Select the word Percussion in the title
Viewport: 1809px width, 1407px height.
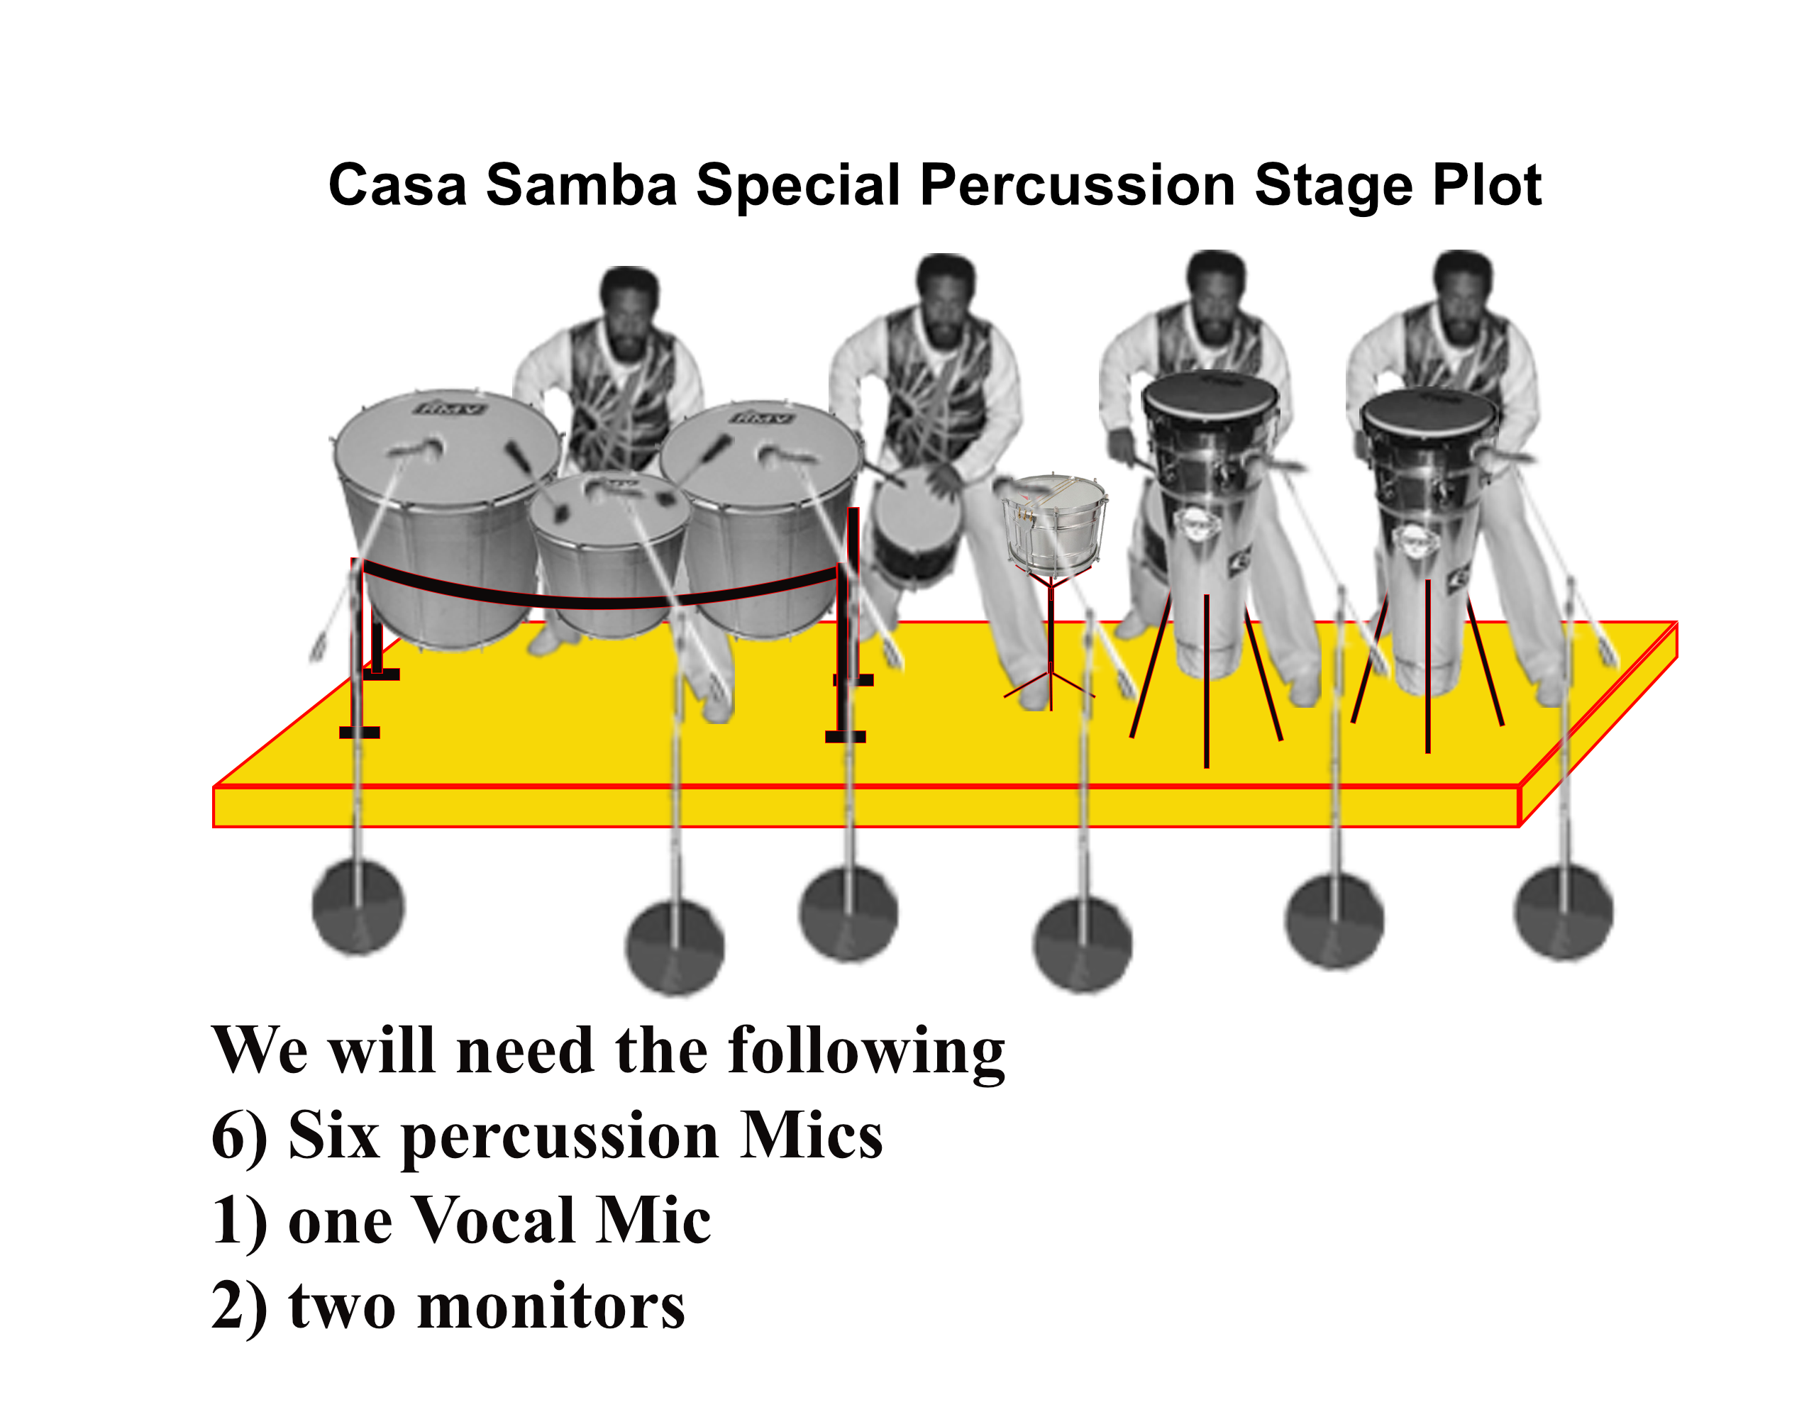1077,187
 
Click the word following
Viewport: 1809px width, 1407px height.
866,1051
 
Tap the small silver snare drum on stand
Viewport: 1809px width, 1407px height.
1054,522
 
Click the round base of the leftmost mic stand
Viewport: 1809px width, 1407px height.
358,907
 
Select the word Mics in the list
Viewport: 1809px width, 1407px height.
812,1136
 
